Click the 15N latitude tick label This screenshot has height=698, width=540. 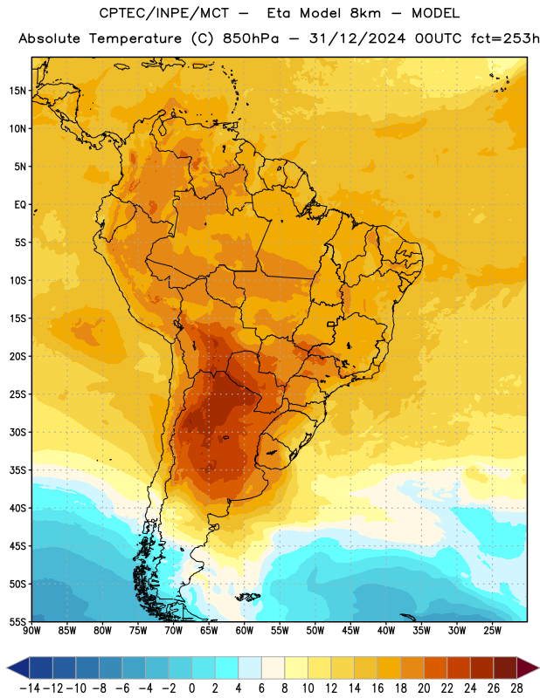(x=17, y=91)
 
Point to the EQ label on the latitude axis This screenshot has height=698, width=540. (x=20, y=205)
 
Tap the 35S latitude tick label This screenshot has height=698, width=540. (x=17, y=470)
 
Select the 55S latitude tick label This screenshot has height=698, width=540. (x=17, y=621)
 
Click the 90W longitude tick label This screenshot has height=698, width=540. (x=31, y=631)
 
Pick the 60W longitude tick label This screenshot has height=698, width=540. (x=245, y=631)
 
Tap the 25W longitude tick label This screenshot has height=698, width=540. (x=492, y=631)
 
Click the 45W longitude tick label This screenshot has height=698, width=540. (x=350, y=631)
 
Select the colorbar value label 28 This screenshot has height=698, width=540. (x=516, y=688)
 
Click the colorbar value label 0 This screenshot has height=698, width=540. (x=191, y=688)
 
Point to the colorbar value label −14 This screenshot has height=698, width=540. (x=30, y=688)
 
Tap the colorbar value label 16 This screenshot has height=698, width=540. (x=377, y=688)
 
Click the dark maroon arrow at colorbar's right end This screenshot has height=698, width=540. (x=527, y=667)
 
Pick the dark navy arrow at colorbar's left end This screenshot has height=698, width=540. (x=18, y=667)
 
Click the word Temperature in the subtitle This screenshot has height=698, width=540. (x=135, y=39)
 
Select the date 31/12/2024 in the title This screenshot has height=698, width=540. (x=357, y=38)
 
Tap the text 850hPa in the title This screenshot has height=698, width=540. (x=251, y=38)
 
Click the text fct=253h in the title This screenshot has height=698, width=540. (x=505, y=38)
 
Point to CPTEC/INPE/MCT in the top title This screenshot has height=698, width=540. (x=163, y=13)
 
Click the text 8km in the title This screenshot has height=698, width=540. (x=365, y=13)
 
